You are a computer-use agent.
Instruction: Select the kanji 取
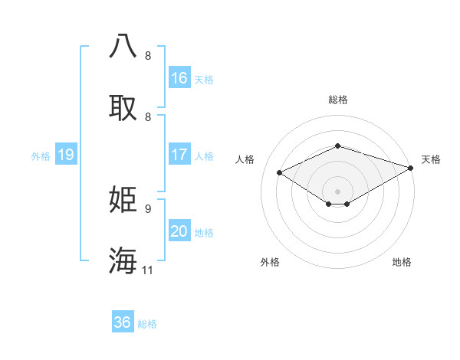point(123,108)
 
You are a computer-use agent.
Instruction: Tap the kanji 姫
point(123,200)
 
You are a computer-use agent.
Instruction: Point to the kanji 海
point(123,260)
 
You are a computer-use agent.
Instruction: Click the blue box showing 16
point(179,78)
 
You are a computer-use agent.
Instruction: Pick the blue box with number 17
point(179,155)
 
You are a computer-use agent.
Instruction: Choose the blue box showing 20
point(179,231)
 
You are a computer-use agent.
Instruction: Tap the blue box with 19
point(66,155)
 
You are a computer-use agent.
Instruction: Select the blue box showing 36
point(123,322)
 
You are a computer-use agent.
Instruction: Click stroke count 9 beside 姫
point(148,208)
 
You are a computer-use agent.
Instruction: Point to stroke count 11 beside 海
point(148,270)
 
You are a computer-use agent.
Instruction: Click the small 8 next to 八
point(148,56)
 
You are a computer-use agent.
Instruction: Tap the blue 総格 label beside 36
point(147,324)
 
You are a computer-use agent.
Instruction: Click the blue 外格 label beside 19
point(41,156)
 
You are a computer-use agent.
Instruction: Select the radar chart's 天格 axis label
point(431,159)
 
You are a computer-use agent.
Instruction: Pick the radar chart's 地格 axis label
point(402,262)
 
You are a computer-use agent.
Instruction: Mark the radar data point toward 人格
point(280,173)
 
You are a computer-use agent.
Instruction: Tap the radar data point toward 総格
point(337,146)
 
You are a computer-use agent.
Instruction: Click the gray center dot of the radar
point(337,191)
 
